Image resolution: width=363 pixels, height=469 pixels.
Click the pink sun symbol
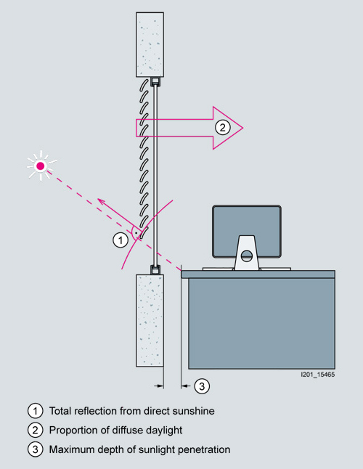41,166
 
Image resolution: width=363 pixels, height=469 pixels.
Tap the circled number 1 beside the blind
121,240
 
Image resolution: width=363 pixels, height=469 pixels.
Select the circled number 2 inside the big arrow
222,128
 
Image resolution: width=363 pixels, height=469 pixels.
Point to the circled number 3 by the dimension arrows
202,386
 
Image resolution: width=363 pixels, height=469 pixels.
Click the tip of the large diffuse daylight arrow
242,128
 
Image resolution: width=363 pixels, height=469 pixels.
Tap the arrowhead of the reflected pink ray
99,199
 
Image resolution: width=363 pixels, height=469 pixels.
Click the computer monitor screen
247,231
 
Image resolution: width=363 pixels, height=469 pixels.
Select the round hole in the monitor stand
246,256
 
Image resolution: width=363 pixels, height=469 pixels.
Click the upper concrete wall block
150,44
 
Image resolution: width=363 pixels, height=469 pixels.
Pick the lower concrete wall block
150,320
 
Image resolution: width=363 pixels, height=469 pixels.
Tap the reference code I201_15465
317,375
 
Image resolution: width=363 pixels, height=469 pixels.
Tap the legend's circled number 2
36,430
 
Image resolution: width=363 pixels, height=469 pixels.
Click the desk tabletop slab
258,274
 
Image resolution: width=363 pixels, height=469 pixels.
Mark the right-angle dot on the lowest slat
136,233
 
